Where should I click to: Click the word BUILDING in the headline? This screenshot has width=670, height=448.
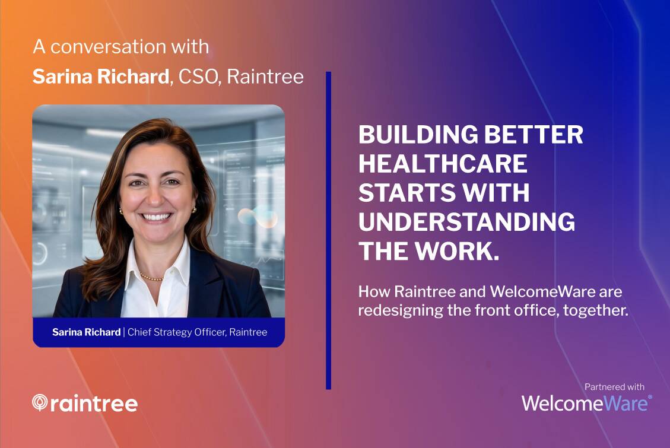418,135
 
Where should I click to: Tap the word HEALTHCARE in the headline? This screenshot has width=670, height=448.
443,164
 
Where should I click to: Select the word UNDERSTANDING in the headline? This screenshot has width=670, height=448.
466,222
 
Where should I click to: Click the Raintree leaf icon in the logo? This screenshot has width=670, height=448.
40,402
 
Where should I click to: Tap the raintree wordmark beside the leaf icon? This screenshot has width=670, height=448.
94,403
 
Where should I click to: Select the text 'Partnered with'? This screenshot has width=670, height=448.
614,387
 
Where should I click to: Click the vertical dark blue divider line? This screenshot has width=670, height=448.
328,231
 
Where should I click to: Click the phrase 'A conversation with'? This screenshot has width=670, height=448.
121,46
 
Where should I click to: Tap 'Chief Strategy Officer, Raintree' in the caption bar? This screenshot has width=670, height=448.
198,332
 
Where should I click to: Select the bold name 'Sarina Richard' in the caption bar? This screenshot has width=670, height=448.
86,332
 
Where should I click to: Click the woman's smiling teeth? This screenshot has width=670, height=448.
157,217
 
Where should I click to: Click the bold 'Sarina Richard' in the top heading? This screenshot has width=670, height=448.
101,77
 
